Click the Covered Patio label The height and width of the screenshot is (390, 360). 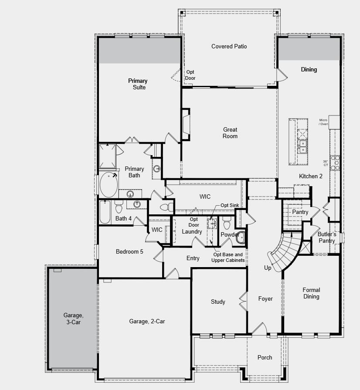pos(229,46)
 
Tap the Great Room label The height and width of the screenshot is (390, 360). pos(230,133)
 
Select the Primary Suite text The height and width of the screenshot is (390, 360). pos(138,84)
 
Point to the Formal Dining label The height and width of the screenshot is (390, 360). pos(311,293)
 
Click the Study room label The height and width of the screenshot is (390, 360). pos(218,302)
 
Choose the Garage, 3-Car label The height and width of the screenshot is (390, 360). pos(72,319)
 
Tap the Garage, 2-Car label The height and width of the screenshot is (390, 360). pos(147,322)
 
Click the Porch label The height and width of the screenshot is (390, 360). pos(265,357)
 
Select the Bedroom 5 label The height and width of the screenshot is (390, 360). pos(129,251)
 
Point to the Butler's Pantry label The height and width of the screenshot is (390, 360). pos(326,237)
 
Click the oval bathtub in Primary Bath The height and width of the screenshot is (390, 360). pos(109,185)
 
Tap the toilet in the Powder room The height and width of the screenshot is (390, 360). pos(226,224)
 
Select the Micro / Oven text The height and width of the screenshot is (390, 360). pos(323,122)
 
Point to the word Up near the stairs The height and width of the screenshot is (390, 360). pos(268,268)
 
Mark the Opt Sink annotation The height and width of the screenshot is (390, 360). pos(229,205)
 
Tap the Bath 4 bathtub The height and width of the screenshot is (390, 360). pos(105,212)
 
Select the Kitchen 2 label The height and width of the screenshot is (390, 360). pos(311,176)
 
